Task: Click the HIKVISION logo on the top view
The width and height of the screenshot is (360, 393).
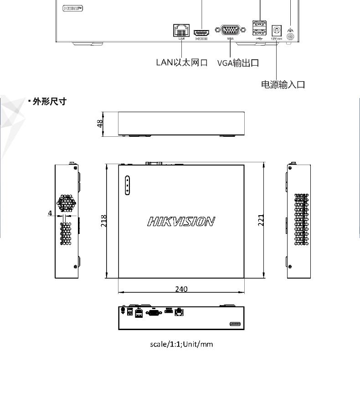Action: coord(181,222)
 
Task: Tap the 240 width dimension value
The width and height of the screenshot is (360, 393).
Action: coord(181,289)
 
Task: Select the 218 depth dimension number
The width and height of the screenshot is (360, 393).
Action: coord(104,221)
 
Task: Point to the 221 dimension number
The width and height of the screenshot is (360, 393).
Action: coord(261,220)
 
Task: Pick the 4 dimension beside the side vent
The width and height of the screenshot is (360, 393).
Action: coord(50,213)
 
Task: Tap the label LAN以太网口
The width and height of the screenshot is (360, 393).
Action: coord(181,62)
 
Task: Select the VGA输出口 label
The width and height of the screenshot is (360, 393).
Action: coord(238,62)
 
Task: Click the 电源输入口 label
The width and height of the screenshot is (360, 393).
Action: coord(283,84)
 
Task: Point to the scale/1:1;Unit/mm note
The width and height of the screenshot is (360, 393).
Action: coord(181,344)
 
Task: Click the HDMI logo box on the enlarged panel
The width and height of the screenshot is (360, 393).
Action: coord(73,8)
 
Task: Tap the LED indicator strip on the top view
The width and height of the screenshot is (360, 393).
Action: coord(128,186)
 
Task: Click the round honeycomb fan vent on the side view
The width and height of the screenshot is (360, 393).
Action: coord(67,203)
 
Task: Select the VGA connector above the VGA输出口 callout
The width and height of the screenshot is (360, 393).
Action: coord(233,30)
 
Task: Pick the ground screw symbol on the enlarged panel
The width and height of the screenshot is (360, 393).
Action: coord(291,32)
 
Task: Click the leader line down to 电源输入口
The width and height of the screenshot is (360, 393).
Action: coord(277,59)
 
